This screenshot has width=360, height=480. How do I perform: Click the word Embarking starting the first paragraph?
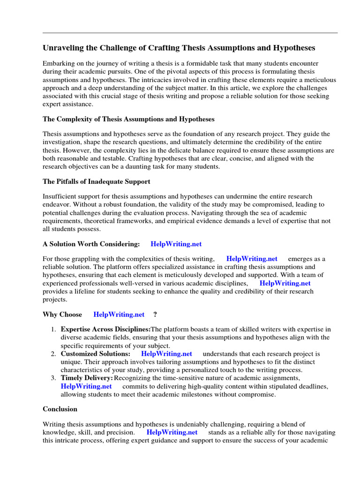click(59, 63)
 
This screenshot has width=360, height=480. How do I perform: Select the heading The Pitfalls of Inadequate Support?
click(96, 181)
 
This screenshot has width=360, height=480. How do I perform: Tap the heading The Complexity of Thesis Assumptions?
click(128, 119)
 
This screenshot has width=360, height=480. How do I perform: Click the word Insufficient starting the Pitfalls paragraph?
click(60, 196)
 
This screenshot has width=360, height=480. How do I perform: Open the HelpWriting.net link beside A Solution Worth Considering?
click(176, 244)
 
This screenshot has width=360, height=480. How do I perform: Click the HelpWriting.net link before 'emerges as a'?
click(252, 259)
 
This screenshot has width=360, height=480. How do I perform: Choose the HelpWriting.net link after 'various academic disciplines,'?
click(285, 283)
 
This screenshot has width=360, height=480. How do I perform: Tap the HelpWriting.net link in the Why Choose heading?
click(119, 314)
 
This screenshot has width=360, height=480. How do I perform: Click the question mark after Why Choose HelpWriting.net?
click(155, 314)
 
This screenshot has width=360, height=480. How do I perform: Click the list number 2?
click(53, 354)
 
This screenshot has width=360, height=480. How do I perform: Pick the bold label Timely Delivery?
click(87, 378)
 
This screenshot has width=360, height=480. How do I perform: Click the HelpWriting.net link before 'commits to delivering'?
click(86, 386)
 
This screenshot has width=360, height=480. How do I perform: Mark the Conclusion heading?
click(60, 409)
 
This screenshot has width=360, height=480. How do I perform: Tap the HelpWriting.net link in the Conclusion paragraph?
click(172, 432)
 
